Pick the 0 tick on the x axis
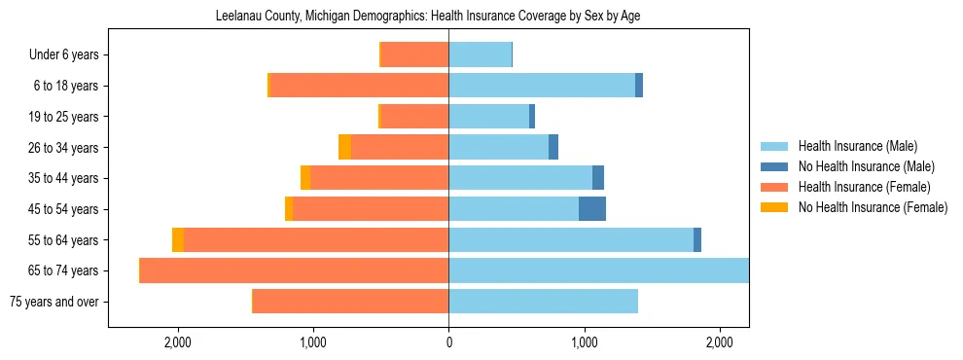(448, 342)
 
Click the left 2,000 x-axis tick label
(177, 342)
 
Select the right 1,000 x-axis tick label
(584, 342)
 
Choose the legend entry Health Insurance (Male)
(857, 146)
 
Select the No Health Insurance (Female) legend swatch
(775, 207)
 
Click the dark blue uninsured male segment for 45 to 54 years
(592, 209)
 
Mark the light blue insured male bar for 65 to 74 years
(598, 270)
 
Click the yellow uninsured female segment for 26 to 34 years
(344, 148)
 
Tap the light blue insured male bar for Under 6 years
(480, 55)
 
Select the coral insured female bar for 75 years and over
(350, 302)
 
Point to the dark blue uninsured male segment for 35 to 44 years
(598, 178)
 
